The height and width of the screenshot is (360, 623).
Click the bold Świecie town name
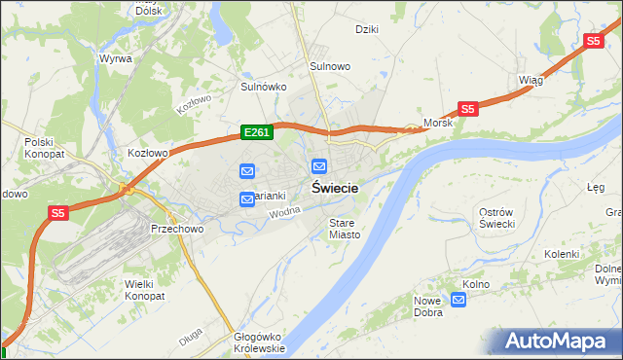[x=334, y=189]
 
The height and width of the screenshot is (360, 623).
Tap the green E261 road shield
[x=256, y=132]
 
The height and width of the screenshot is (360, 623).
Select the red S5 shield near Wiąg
[x=594, y=41]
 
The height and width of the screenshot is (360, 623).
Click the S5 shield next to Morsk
[x=467, y=110]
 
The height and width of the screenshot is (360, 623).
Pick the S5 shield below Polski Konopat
[x=57, y=212]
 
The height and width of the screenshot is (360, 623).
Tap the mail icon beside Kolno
[x=459, y=301]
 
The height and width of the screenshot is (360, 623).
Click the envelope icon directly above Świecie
[x=319, y=166]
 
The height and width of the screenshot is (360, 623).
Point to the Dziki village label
[x=367, y=29]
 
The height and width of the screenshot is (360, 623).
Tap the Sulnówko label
[x=263, y=86]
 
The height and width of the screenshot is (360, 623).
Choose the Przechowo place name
[x=176, y=229]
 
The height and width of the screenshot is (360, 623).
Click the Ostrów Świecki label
[x=503, y=218]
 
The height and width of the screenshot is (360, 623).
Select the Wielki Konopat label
[x=145, y=289]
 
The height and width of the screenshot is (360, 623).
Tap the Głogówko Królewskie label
[x=259, y=342]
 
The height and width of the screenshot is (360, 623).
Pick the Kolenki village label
[x=562, y=254]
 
